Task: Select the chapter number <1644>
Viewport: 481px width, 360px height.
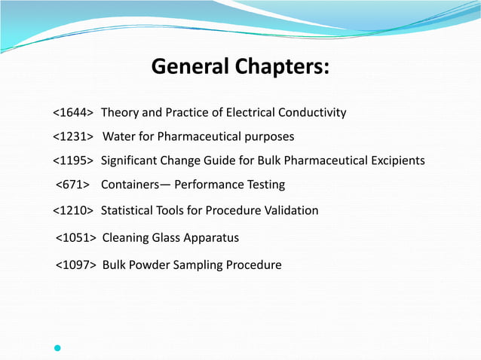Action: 73,113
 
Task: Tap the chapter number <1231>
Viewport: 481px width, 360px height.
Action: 73,137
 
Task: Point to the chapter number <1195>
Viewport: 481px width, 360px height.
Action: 73,160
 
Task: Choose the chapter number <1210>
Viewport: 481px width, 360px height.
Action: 73,210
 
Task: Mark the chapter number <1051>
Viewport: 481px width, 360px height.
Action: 76,238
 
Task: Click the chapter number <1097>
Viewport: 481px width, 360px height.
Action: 76,265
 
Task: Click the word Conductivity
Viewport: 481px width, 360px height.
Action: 312,113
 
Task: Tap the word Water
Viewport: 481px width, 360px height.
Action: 119,137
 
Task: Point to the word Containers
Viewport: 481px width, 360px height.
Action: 131,185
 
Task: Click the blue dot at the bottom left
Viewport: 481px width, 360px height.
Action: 57,348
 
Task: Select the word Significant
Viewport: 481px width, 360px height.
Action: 130,160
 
